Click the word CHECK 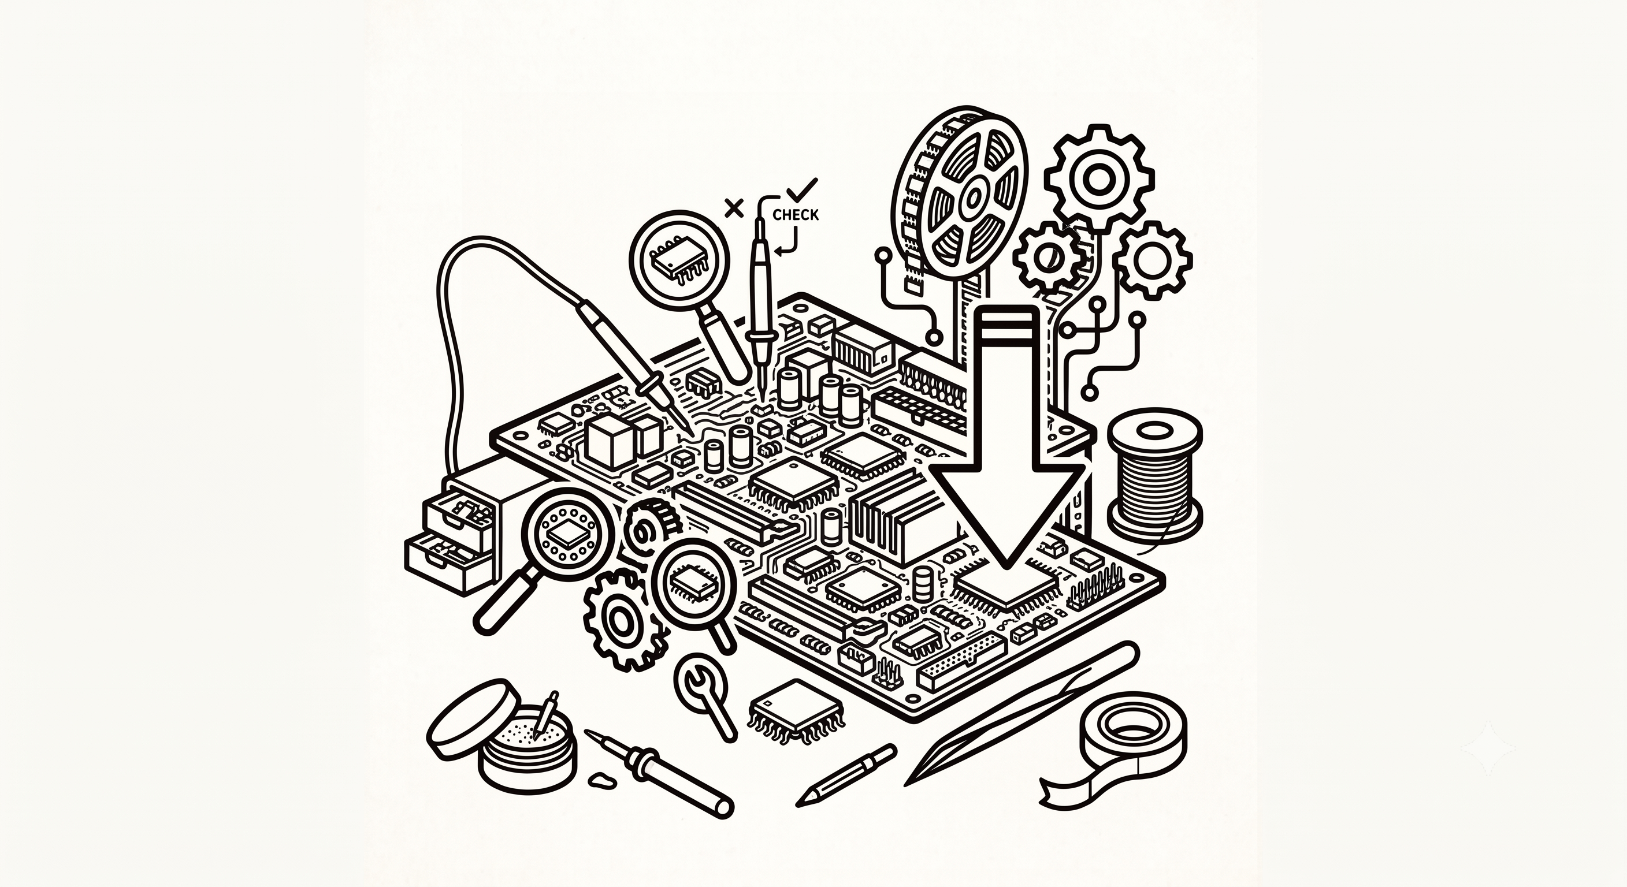(x=795, y=215)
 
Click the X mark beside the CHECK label (x=734, y=207)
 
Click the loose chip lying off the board (x=795, y=711)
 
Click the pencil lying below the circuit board (x=846, y=773)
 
